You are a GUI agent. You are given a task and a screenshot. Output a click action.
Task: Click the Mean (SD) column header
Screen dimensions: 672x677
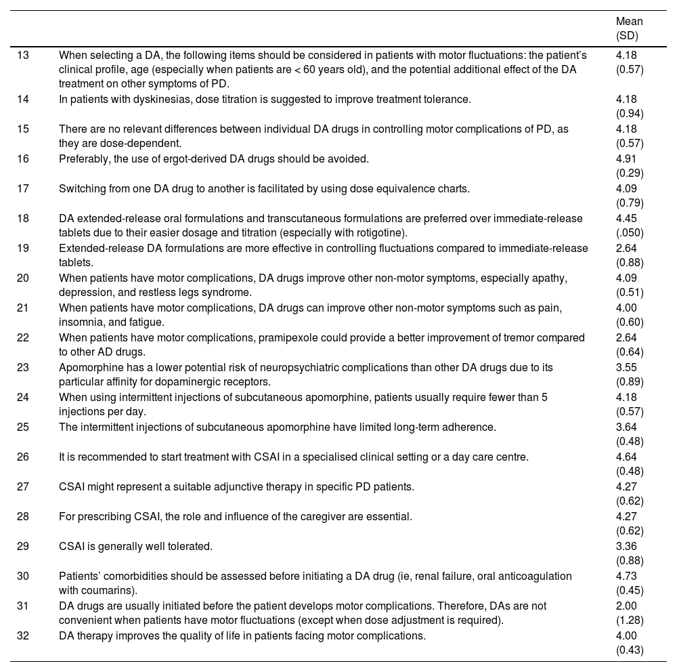point(629,28)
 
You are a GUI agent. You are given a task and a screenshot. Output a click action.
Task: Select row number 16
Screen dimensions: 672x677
point(23,159)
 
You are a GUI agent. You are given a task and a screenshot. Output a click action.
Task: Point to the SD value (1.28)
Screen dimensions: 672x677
point(630,621)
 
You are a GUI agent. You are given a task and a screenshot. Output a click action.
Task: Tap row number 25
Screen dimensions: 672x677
point(23,427)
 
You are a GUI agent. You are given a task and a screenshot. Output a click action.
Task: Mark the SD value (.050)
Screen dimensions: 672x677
point(630,233)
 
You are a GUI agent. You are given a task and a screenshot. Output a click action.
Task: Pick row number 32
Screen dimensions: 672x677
point(23,635)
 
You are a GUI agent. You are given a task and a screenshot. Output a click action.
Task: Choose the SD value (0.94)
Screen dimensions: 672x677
point(630,114)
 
